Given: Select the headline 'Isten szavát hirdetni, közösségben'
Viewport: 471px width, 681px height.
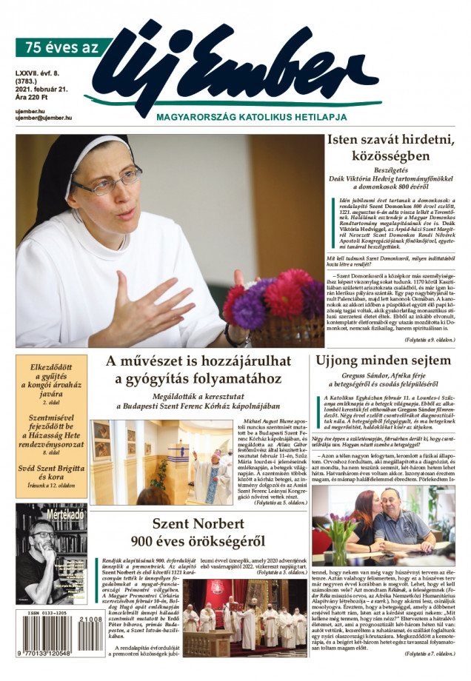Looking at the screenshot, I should pos(390,147).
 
